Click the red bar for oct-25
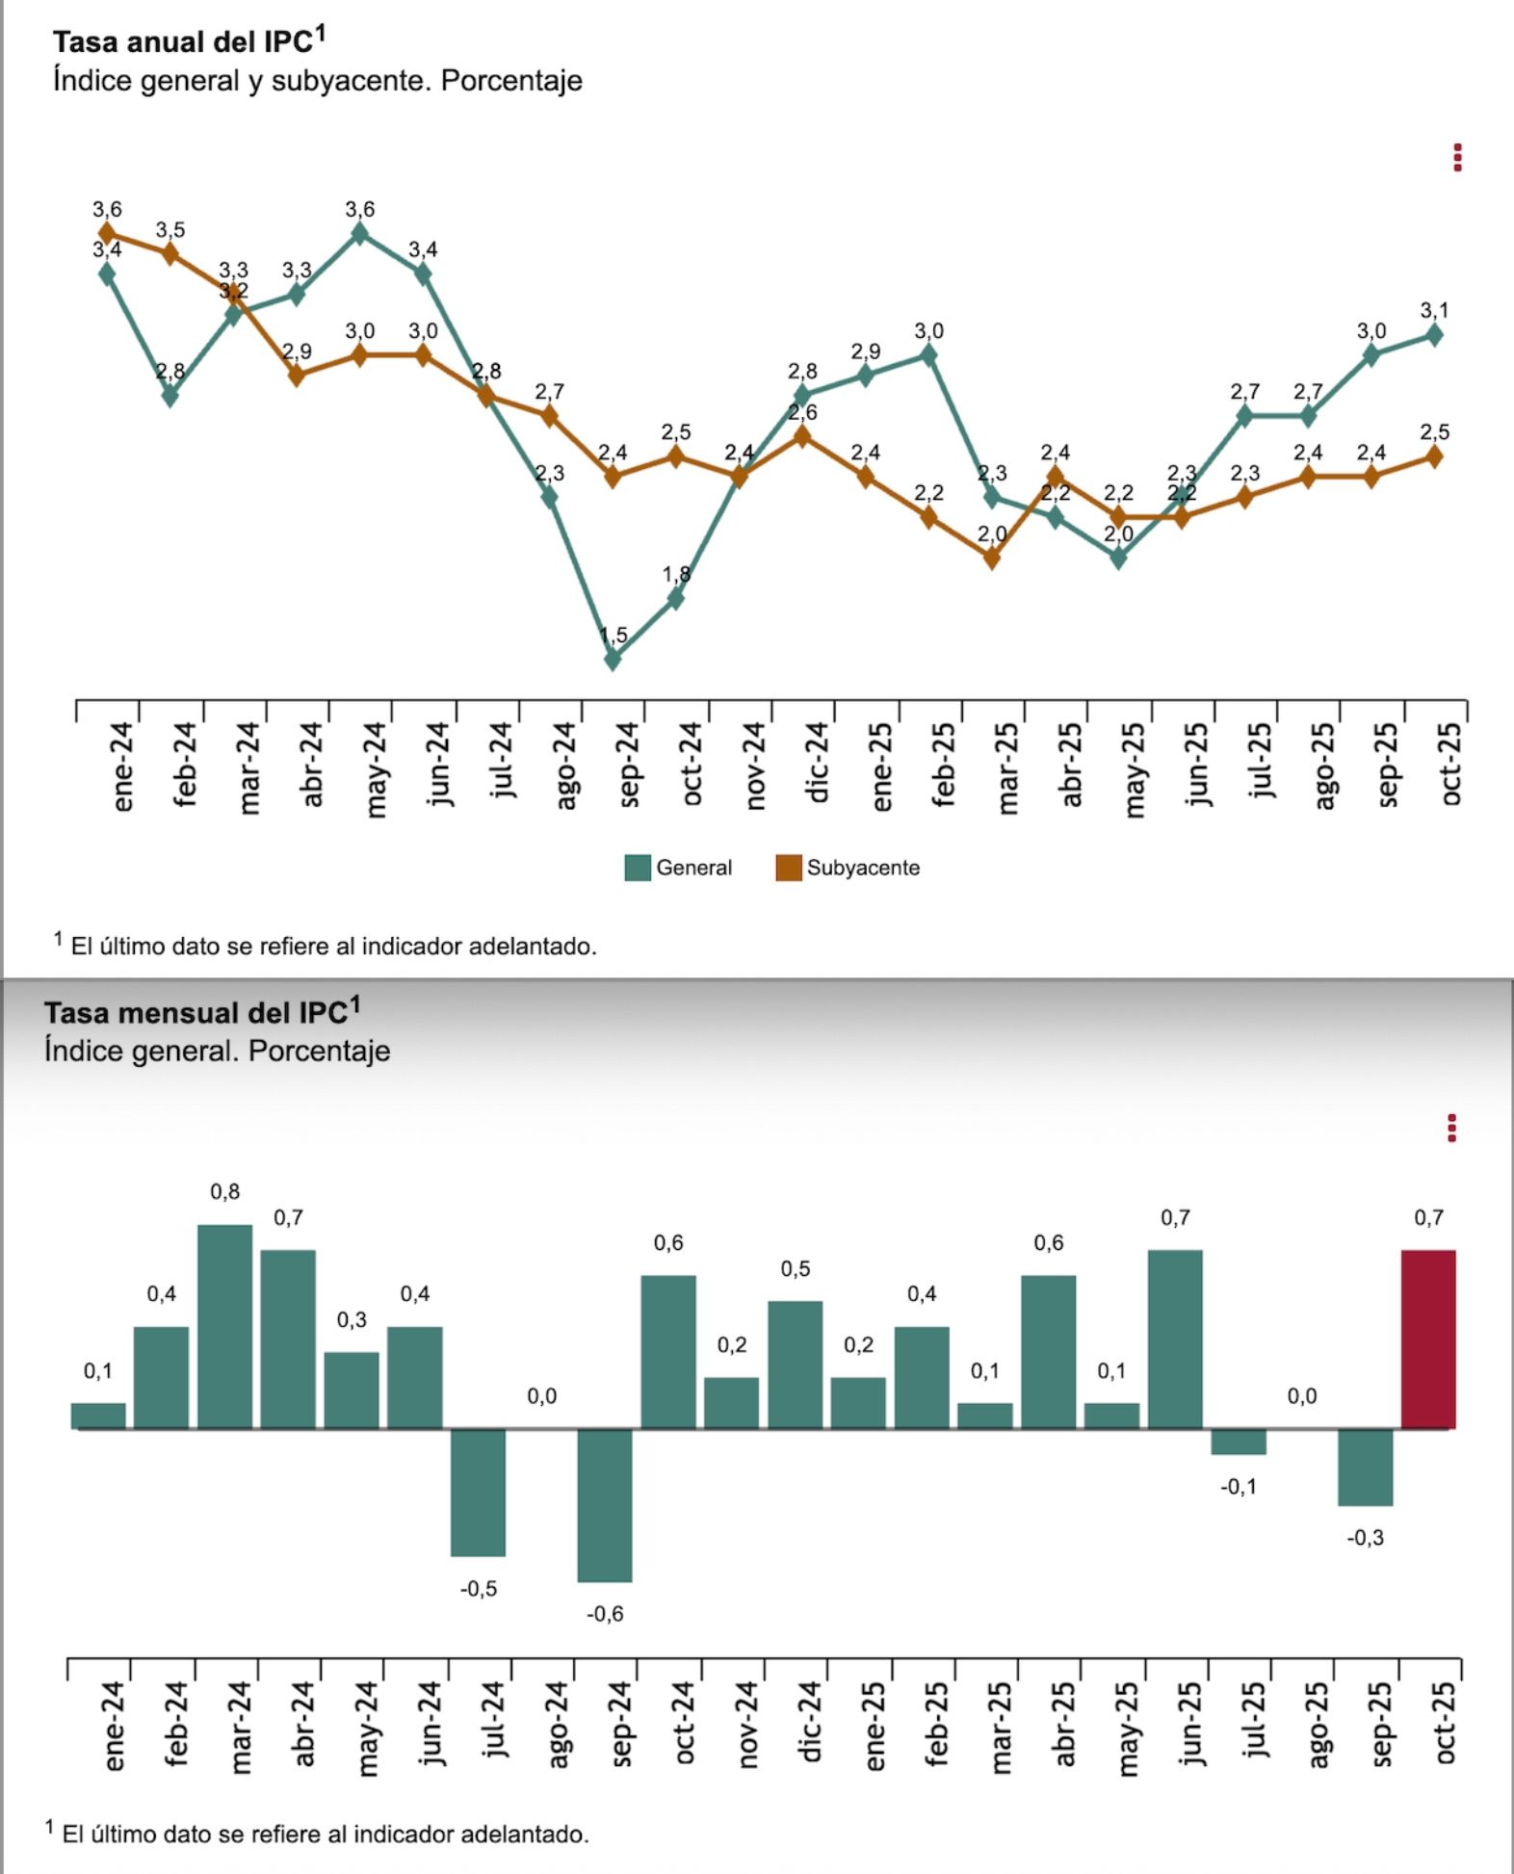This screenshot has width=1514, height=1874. pyautogui.click(x=1428, y=1339)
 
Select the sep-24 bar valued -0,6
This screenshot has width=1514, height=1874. pyautogui.click(x=605, y=1504)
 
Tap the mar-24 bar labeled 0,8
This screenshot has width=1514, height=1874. pyautogui.click(x=225, y=1326)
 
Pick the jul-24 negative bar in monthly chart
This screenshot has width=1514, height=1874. pyautogui.click(x=478, y=1492)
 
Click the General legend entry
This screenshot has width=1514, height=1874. pyautogui.click(x=679, y=868)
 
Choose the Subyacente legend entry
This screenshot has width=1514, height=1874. pyautogui.click(x=848, y=868)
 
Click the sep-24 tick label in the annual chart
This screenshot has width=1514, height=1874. pyautogui.click(x=628, y=765)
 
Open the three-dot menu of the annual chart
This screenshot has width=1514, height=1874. pyautogui.click(x=1457, y=158)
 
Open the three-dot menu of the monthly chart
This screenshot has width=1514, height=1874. pyautogui.click(x=1451, y=1128)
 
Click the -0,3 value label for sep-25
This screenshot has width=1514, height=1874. pyautogui.click(x=1365, y=1538)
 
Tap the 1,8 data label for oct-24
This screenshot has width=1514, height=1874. pyautogui.click(x=676, y=574)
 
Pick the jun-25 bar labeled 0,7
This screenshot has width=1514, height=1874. pyautogui.click(x=1175, y=1339)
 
